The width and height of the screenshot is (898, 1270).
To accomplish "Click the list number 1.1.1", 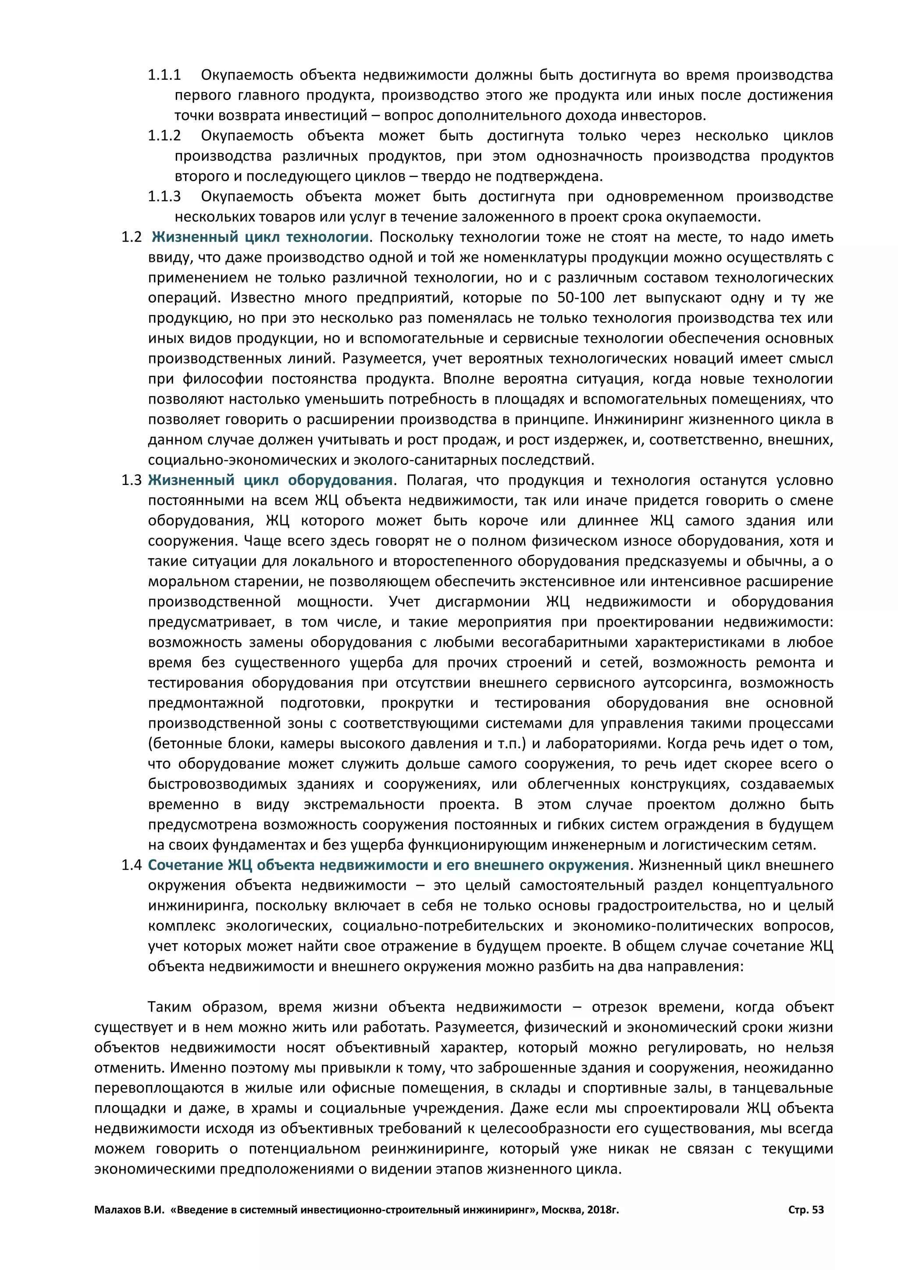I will (164, 75).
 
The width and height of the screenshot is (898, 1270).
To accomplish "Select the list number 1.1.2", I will (164, 136).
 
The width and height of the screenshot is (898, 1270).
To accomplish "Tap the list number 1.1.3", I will (164, 196).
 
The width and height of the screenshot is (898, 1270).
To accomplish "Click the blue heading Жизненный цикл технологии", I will (260, 237).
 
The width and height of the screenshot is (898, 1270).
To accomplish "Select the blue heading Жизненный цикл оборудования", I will (271, 480).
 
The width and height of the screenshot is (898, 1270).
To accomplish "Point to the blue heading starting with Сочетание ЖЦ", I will (388, 865).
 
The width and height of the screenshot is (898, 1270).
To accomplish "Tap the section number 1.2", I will (132, 237).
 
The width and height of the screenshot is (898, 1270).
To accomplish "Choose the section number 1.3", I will (132, 480).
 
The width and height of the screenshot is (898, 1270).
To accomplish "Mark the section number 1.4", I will (132, 865).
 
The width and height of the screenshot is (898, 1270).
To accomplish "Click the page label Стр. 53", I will (805, 1210).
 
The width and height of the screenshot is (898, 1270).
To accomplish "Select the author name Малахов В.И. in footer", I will (129, 1210).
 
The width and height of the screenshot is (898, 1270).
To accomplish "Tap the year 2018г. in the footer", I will (603, 1210).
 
